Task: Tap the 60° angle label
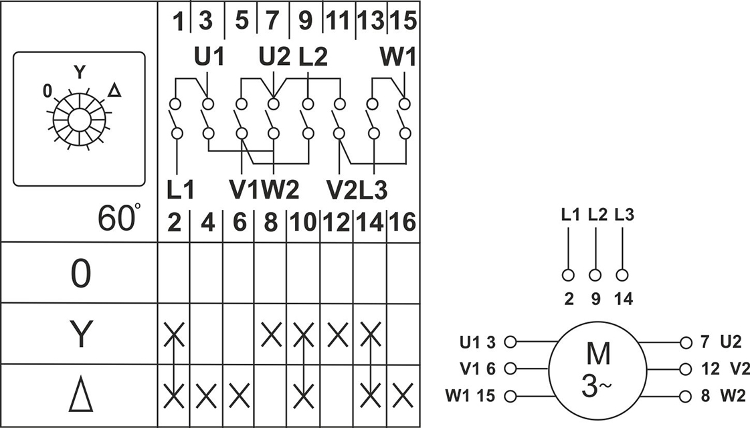coord(120,217)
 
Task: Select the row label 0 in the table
coord(80,274)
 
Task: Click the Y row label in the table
coord(80,334)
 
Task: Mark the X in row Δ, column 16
coord(403,396)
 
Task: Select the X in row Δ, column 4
coord(207,396)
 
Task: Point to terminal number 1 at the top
coord(178,21)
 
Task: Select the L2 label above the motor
coord(595,216)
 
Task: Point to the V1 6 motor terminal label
coord(477,368)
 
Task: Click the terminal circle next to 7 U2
coord(684,342)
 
